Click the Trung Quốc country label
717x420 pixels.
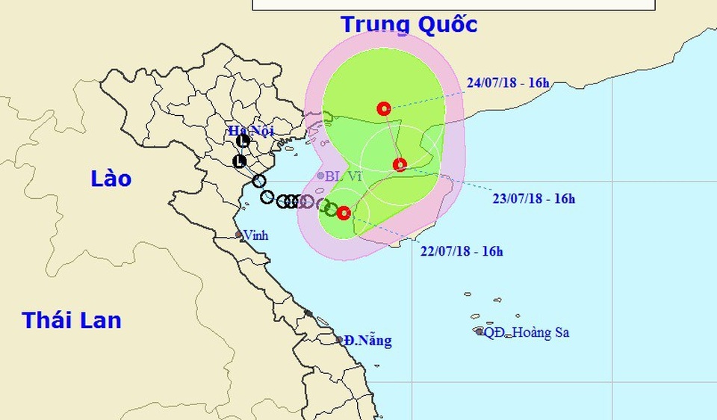point(409,24)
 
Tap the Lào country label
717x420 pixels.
point(111,179)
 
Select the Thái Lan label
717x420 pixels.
point(72,320)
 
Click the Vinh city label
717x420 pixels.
point(255,235)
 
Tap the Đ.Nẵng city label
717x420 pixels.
point(368,341)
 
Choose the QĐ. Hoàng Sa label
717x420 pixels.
point(527,333)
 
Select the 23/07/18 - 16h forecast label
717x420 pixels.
point(533,199)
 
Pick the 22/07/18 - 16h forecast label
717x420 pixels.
point(461,251)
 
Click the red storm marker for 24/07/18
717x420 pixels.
point(384,108)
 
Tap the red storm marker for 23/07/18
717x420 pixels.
point(400,164)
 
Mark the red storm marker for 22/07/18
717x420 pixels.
point(344,213)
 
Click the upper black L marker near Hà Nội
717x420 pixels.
point(243,140)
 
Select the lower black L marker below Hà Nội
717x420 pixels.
point(240,161)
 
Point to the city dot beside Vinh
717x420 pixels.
point(239,235)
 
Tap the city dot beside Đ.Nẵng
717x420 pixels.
point(340,340)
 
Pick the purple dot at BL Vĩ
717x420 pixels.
point(320,176)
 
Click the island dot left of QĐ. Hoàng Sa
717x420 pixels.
point(479,331)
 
